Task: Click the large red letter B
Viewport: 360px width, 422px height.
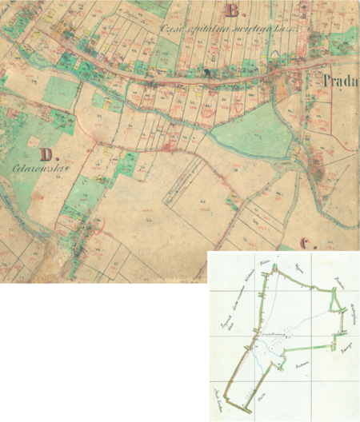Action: (x=233, y=11)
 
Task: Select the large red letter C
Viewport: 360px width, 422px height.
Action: (x=306, y=243)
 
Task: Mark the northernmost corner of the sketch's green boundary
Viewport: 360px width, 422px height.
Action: (x=276, y=271)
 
